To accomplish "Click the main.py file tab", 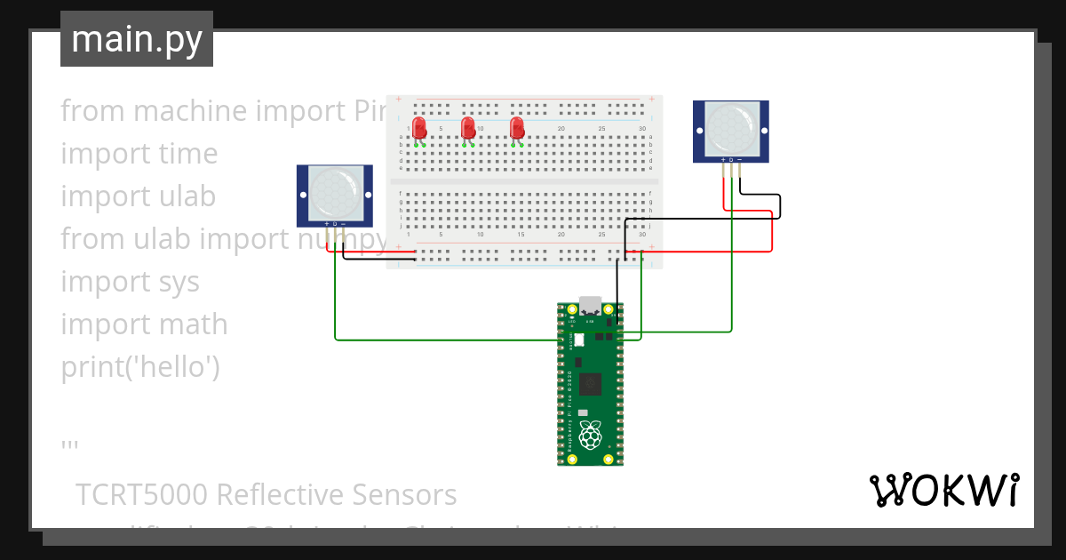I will [137, 39].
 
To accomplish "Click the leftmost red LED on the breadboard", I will [420, 128].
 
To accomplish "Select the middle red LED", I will [468, 128].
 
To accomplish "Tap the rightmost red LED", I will [517, 128].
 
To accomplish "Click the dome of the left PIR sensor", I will [334, 193].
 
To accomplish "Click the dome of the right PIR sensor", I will [731, 129].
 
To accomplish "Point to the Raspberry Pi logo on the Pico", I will [590, 435].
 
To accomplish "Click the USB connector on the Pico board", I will [590, 305].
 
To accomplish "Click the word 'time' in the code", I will [188, 154].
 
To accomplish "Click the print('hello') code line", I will [140, 367].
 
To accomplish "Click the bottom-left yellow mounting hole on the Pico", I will [571, 459].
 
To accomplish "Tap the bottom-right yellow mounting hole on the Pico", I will [609, 459].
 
